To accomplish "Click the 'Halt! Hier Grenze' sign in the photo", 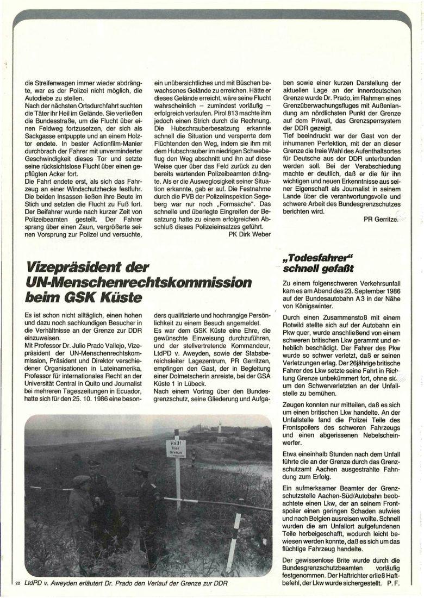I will pyautogui.click(x=177, y=448).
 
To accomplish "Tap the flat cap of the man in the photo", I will pyautogui.click(x=82, y=480).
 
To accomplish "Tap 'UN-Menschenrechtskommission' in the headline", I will pyautogui.click(x=139, y=283).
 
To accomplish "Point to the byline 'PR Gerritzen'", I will pyautogui.click(x=382, y=219).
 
